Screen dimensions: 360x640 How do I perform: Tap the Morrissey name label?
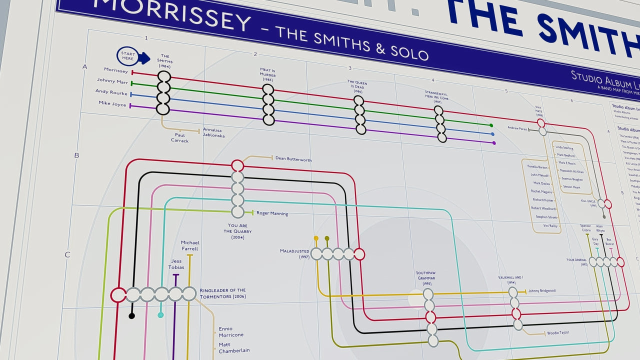pyautogui.click(x=116, y=70)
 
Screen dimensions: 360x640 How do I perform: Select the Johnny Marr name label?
pyautogui.click(x=112, y=81)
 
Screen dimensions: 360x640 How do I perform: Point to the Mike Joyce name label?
pyautogui.click(x=112, y=103)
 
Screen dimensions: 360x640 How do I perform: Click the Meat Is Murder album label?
pyautogui.click(x=268, y=74)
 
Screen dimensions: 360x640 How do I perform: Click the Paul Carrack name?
pyautogui.click(x=179, y=137)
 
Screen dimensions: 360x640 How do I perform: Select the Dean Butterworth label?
pyautogui.click(x=293, y=159)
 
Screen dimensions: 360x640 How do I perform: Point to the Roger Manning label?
pyautogui.click(x=272, y=213)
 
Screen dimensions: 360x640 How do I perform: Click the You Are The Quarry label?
pyautogui.click(x=237, y=231)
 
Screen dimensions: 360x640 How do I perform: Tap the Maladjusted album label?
pyautogui.click(x=295, y=253)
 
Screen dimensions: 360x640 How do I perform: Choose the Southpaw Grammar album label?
pyautogui.click(x=426, y=277)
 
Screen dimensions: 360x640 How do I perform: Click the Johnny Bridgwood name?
pyautogui.click(x=541, y=290)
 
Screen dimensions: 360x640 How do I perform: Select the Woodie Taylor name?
pyautogui.click(x=557, y=332)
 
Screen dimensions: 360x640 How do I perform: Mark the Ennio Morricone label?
pyautogui.click(x=231, y=331)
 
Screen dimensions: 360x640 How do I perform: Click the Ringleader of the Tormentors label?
pyautogui.click(x=222, y=293)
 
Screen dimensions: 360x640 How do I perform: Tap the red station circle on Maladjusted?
pyautogui.click(x=359, y=254)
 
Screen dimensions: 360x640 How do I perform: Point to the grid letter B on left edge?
pyautogui.click(x=76, y=155)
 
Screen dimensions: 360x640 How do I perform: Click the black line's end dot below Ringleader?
pyautogui.click(x=131, y=316)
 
